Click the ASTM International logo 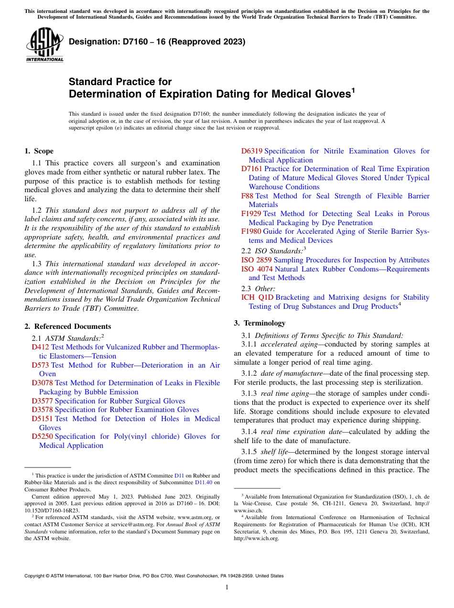[44, 45]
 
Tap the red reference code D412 [41, 347]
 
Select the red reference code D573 [41, 365]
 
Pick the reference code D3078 [43, 383]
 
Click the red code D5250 [43, 436]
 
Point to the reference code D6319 [252, 151]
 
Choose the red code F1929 [251, 214]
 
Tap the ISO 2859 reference [256, 260]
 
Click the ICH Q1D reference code [258, 297]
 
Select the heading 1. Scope [39, 151]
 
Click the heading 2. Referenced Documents [67, 326]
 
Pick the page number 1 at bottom [227, 587]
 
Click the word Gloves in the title [328, 94]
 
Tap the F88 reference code [248, 196]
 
